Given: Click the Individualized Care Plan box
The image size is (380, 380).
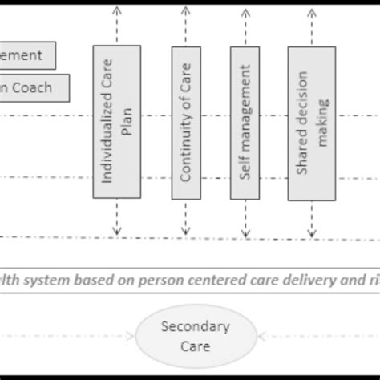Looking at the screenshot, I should coord(117,122).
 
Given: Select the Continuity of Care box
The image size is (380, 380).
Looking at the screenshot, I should coord(185,122).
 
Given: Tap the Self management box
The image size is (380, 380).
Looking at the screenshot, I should coord(245,122).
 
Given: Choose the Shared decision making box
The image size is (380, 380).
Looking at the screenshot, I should coord(313,122).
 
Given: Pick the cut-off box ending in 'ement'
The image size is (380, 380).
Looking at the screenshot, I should coord(27,56).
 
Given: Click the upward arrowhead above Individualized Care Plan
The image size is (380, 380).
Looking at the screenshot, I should coord(117,10).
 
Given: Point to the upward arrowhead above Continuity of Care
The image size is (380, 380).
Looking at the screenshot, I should coord(185,10).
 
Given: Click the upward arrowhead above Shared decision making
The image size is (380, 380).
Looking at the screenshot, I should coord(313,10).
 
